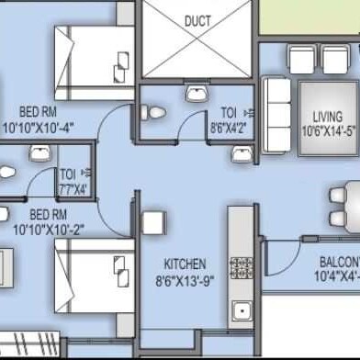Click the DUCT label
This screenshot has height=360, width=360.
pos(197,20)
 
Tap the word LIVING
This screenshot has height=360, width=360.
pos(327,118)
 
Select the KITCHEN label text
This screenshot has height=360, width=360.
pos(184,263)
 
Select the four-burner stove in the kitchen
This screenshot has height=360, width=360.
pos(241,267)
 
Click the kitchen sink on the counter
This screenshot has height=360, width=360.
pos(242,310)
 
